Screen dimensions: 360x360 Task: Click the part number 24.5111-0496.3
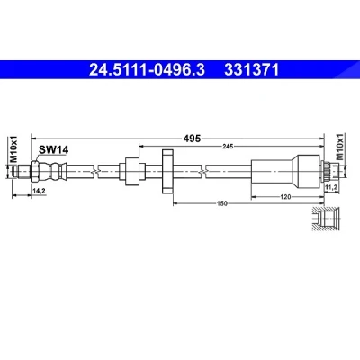tap(148, 70)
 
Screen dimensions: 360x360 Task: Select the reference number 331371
tap(252, 70)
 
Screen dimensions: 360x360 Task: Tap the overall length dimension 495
tap(192, 139)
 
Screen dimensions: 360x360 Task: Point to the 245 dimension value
tap(228, 147)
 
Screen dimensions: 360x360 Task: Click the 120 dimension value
tap(285, 197)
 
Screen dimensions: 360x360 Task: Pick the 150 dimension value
tap(222, 203)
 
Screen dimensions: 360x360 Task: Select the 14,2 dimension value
tap(39, 190)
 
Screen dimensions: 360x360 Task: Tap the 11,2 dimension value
tap(332, 187)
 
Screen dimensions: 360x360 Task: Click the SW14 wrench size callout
tap(54, 149)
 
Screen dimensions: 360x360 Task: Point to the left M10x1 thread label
tap(13, 149)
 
